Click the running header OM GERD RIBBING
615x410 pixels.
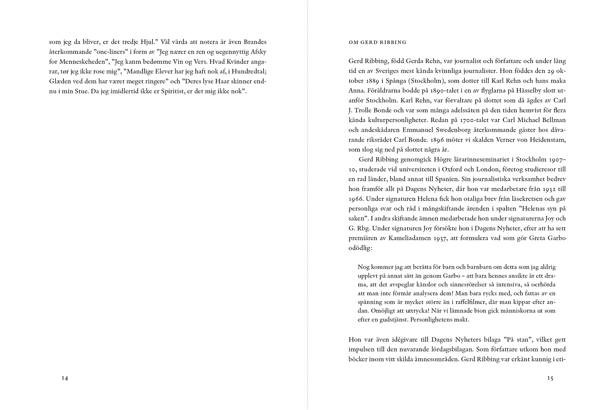tap(377, 42)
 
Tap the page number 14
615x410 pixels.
tap(65, 378)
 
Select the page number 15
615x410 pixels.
tap(550, 378)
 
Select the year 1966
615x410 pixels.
tap(356, 199)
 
